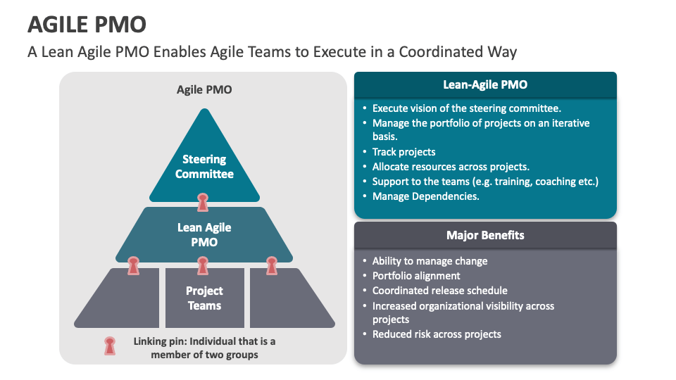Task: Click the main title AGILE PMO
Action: [x=87, y=24]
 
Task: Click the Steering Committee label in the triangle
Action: [x=204, y=166]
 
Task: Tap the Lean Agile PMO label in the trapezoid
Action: [x=204, y=235]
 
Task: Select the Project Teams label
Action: [x=204, y=298]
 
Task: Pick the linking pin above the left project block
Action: [x=134, y=266]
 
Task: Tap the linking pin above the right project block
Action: [x=272, y=266]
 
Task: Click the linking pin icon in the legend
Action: [x=110, y=346]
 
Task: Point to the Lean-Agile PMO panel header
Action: [x=485, y=85]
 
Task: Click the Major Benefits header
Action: [x=485, y=235]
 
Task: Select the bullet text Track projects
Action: [x=403, y=152]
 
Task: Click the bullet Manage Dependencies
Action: [x=425, y=196]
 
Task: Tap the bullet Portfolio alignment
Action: [x=416, y=276]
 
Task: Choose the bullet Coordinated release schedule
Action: [x=439, y=291]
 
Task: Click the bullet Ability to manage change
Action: [x=430, y=261]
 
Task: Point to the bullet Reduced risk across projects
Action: [x=437, y=334]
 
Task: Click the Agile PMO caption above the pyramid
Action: [x=204, y=90]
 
